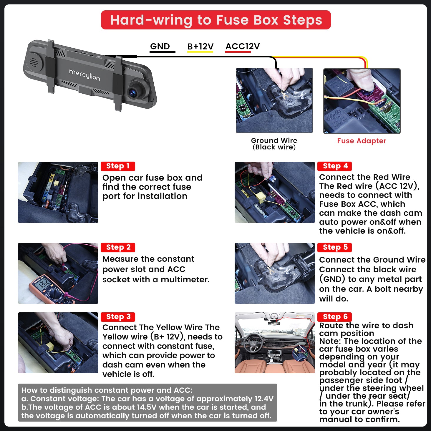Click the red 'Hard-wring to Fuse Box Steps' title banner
click(216, 20)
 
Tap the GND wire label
click(160, 46)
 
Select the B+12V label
click(200, 46)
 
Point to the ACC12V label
click(243, 46)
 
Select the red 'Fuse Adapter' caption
click(362, 141)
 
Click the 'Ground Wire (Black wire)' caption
click(274, 144)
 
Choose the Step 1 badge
click(118, 166)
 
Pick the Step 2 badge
click(118, 247)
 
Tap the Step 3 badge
click(118, 317)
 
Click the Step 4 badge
click(335, 166)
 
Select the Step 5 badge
click(335, 247)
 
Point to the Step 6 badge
click(335, 317)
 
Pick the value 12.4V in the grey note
click(264, 399)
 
